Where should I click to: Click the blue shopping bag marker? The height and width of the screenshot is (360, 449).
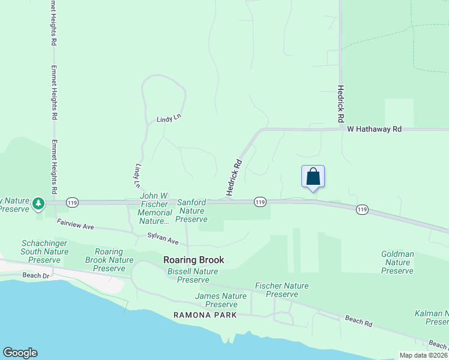point(313,177)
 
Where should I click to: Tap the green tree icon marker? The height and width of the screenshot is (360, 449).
point(39,203)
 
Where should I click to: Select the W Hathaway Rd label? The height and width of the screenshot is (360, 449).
point(374,129)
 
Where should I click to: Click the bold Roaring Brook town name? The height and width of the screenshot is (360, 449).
point(194,260)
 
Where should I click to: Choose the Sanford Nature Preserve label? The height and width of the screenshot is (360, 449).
point(191,211)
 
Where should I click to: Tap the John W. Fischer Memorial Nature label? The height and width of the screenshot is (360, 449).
point(155,208)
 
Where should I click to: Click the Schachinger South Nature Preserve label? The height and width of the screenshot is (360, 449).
point(44,251)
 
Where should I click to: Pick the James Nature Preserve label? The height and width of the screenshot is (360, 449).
point(221,300)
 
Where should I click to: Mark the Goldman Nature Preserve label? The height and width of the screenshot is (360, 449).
point(397,262)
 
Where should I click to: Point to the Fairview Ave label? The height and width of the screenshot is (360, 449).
point(76,225)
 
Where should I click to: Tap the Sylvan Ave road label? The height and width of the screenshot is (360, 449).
point(163,239)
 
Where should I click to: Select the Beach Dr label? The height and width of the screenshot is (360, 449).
point(36,275)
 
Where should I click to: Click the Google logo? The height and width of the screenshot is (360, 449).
point(20,353)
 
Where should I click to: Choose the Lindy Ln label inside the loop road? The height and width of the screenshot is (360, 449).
point(169,119)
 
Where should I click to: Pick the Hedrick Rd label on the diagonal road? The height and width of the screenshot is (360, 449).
point(234,177)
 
